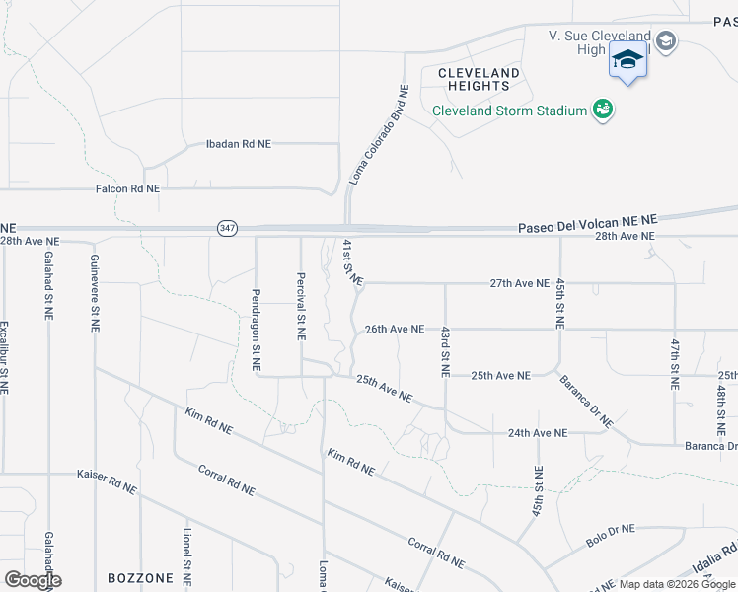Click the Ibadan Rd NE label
(x=238, y=144)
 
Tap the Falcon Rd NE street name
(x=127, y=188)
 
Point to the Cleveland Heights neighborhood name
(x=479, y=80)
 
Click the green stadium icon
(x=603, y=110)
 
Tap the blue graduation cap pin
(x=627, y=60)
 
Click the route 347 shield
(x=228, y=228)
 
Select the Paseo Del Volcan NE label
(x=587, y=227)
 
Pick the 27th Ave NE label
(x=519, y=283)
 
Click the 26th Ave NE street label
(x=395, y=329)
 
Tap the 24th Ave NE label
(x=538, y=433)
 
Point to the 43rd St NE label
(x=446, y=351)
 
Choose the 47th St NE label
(x=676, y=364)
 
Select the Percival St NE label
(x=301, y=307)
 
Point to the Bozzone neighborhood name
(x=140, y=578)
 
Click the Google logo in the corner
(x=33, y=580)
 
